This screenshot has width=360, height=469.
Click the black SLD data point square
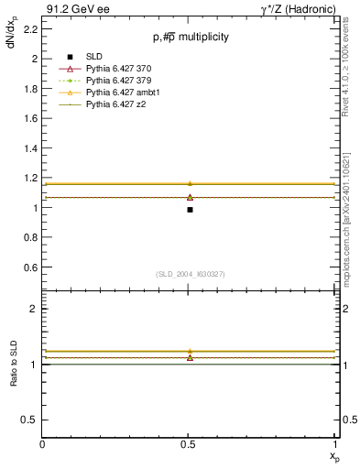pos(190,210)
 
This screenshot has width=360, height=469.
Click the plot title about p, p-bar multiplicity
pos(191,38)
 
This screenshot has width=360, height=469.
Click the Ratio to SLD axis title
pos(14,377)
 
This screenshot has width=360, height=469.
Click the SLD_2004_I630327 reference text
pos(191,274)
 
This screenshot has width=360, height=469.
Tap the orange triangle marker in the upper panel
pos(190,183)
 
